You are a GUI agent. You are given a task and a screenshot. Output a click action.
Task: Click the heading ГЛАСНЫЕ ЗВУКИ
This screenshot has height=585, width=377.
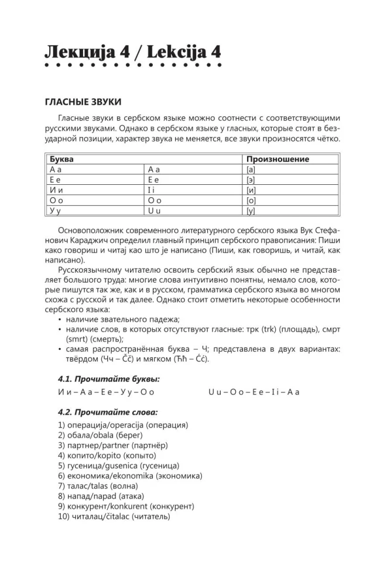tap(83, 102)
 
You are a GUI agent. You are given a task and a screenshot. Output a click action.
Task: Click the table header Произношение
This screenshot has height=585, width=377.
tap(277, 159)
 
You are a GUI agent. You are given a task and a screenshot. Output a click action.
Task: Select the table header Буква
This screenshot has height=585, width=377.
tap(62, 159)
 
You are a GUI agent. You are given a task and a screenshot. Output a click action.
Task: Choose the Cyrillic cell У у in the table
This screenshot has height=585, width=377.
tap(57, 211)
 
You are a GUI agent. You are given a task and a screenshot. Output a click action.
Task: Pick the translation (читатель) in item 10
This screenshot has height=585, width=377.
tap(149, 517)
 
